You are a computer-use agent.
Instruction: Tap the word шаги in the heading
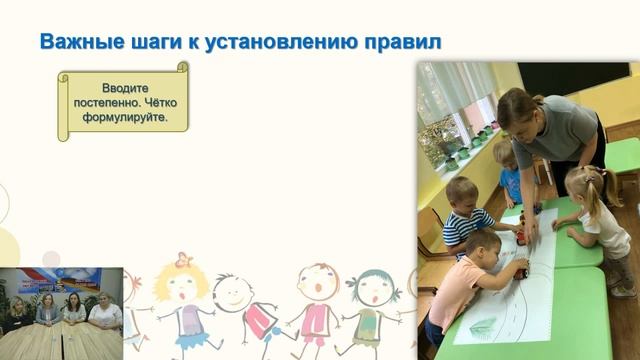pyautogui.click(x=151, y=42)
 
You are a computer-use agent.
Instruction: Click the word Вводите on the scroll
pyautogui.click(x=123, y=88)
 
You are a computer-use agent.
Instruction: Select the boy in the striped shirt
pyautogui.click(x=467, y=210)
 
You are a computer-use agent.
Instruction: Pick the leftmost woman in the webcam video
pyautogui.click(x=18, y=312)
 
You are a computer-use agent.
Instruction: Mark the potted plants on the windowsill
pyautogui.click(x=445, y=140)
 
